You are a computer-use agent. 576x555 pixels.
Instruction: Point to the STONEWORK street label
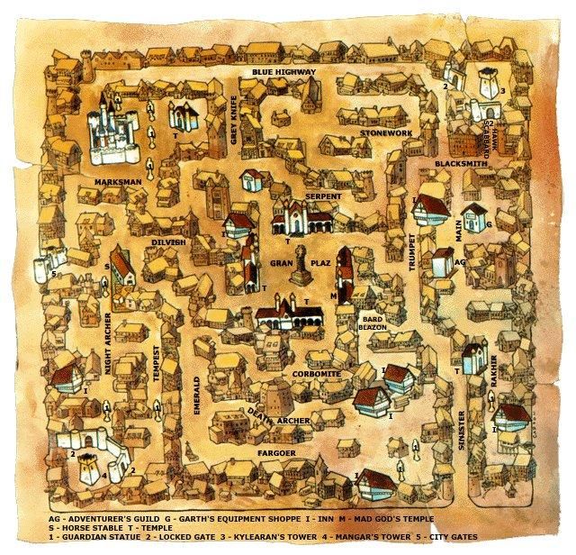[385, 133]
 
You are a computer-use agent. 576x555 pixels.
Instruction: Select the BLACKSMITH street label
[460, 165]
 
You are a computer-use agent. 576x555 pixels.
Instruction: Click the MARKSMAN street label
[119, 182]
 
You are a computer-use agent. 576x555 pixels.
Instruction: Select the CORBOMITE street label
[315, 371]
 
